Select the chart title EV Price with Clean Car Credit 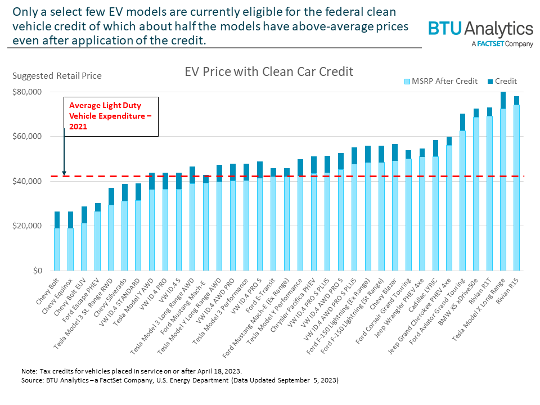pos(269,71)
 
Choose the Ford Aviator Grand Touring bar pos(462,197)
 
